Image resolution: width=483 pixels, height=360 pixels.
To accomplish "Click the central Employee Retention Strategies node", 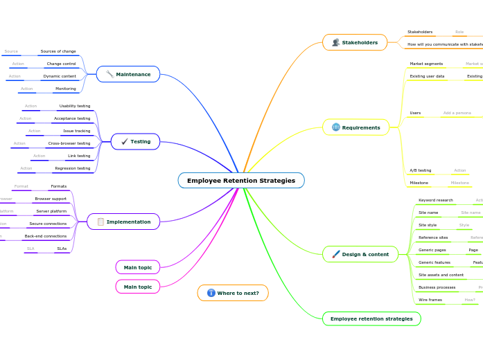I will [240, 181].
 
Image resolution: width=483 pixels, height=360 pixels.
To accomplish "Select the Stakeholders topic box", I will [355, 42].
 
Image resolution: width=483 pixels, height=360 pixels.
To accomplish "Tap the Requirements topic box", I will [355, 127].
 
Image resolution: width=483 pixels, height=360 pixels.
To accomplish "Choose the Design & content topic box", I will [360, 254].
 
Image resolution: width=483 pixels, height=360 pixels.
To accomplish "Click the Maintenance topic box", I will [128, 74].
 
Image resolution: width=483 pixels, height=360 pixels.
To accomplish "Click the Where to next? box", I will [233, 293].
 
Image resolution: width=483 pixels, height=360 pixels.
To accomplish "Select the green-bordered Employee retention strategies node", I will [371, 318].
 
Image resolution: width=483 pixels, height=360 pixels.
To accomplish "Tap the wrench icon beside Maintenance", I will [109, 74].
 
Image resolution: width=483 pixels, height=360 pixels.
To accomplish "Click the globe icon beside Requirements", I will [336, 127].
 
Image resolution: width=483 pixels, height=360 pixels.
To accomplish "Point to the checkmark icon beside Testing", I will [124, 141].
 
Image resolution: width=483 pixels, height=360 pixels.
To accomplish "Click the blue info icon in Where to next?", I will [211, 293].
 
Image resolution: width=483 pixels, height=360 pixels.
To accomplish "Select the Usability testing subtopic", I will [74, 106].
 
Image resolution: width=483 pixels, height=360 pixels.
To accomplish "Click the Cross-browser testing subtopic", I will [69, 143].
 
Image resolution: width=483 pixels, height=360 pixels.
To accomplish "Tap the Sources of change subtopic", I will [58, 51].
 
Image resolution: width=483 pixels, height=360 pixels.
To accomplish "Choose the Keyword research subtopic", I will [435, 200].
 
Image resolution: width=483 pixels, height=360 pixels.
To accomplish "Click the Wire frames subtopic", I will [430, 300].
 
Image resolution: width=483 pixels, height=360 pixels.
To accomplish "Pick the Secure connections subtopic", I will [48, 224].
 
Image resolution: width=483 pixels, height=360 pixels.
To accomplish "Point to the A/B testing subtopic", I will [420, 170].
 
